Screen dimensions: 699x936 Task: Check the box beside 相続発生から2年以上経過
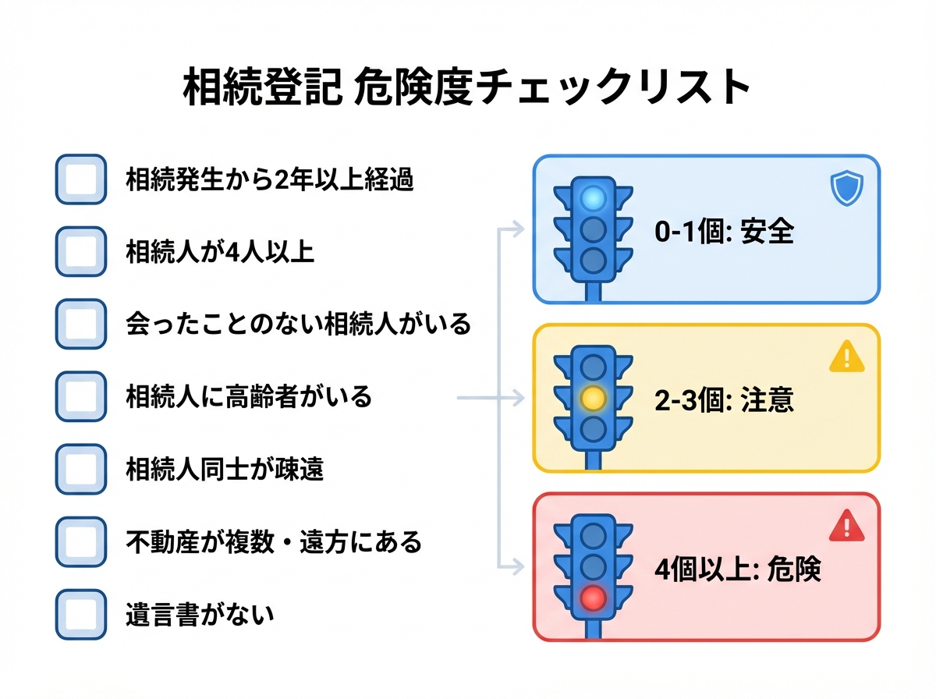pos(80,179)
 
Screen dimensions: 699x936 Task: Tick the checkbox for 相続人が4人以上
pos(80,251)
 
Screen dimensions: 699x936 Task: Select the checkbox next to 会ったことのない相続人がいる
pos(80,324)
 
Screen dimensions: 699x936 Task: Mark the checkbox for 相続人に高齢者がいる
pos(80,396)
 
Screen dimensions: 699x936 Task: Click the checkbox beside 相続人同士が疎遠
pos(80,469)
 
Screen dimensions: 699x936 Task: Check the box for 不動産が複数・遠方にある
pos(80,541)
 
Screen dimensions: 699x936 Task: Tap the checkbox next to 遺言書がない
pos(80,614)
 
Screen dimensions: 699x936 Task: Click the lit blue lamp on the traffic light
pos(594,198)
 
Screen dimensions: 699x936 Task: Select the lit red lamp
pos(594,598)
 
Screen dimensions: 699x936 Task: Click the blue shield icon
pos(846,190)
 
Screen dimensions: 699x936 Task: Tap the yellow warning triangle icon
pos(846,357)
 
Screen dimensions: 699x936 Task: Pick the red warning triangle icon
pos(846,526)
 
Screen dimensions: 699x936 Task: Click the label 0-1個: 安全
pos(724,232)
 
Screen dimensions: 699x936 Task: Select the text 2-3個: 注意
pos(724,399)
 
